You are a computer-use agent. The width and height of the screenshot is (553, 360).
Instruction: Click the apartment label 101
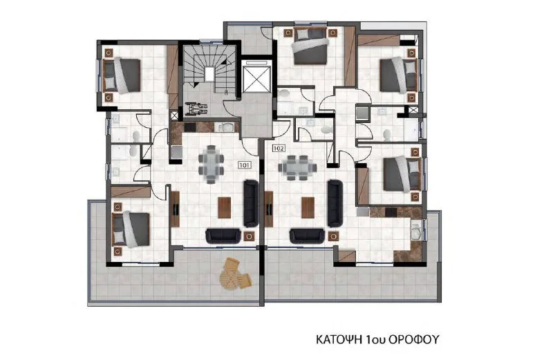pos(245,164)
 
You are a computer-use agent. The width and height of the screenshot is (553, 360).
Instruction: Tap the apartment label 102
pos(279,149)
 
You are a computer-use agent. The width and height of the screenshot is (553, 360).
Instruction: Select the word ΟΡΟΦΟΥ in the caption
pos(414,339)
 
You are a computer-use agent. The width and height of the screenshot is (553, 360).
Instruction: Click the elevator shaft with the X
pos(256,79)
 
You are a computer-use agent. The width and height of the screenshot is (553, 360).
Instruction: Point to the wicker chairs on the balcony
pos(235,274)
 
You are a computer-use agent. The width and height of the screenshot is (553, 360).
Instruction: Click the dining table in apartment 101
pos(211,164)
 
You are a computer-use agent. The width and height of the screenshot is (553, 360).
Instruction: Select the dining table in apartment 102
pos(297,168)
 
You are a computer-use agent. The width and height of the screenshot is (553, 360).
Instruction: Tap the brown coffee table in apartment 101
pos(224,208)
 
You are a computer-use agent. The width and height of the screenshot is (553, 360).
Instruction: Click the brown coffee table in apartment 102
pos(308,208)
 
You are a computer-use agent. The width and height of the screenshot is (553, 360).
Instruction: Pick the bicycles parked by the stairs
pos(196,108)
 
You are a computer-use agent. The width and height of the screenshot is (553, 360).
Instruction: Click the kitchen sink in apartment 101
pos(227,127)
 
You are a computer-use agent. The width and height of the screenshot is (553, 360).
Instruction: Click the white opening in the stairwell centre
pos(209,74)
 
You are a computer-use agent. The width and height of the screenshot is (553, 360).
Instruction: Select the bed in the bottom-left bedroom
pos(131,229)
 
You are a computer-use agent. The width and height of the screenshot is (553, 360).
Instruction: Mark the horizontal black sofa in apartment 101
pos(223,236)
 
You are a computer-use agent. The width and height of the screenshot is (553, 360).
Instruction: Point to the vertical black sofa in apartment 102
pos(335,203)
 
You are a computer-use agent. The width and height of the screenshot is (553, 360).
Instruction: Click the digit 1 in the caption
pos(369,339)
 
